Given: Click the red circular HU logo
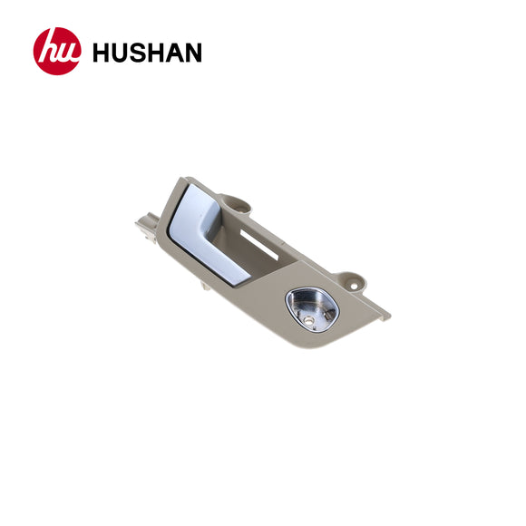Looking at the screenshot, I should click(x=57, y=52).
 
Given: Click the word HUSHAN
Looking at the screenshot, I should click(x=147, y=53).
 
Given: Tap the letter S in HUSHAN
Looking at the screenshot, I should click(x=140, y=53).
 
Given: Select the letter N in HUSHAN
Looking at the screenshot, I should click(x=192, y=53).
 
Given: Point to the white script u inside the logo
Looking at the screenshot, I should click(x=65, y=54).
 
